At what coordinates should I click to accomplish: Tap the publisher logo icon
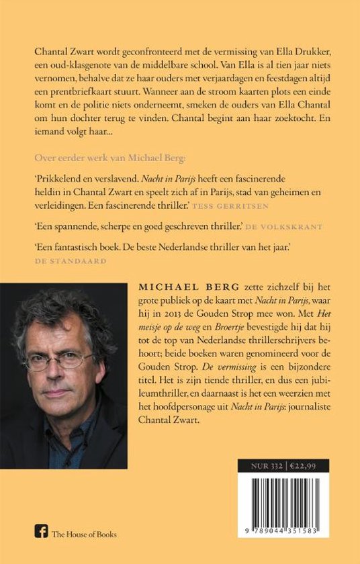[39, 534]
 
